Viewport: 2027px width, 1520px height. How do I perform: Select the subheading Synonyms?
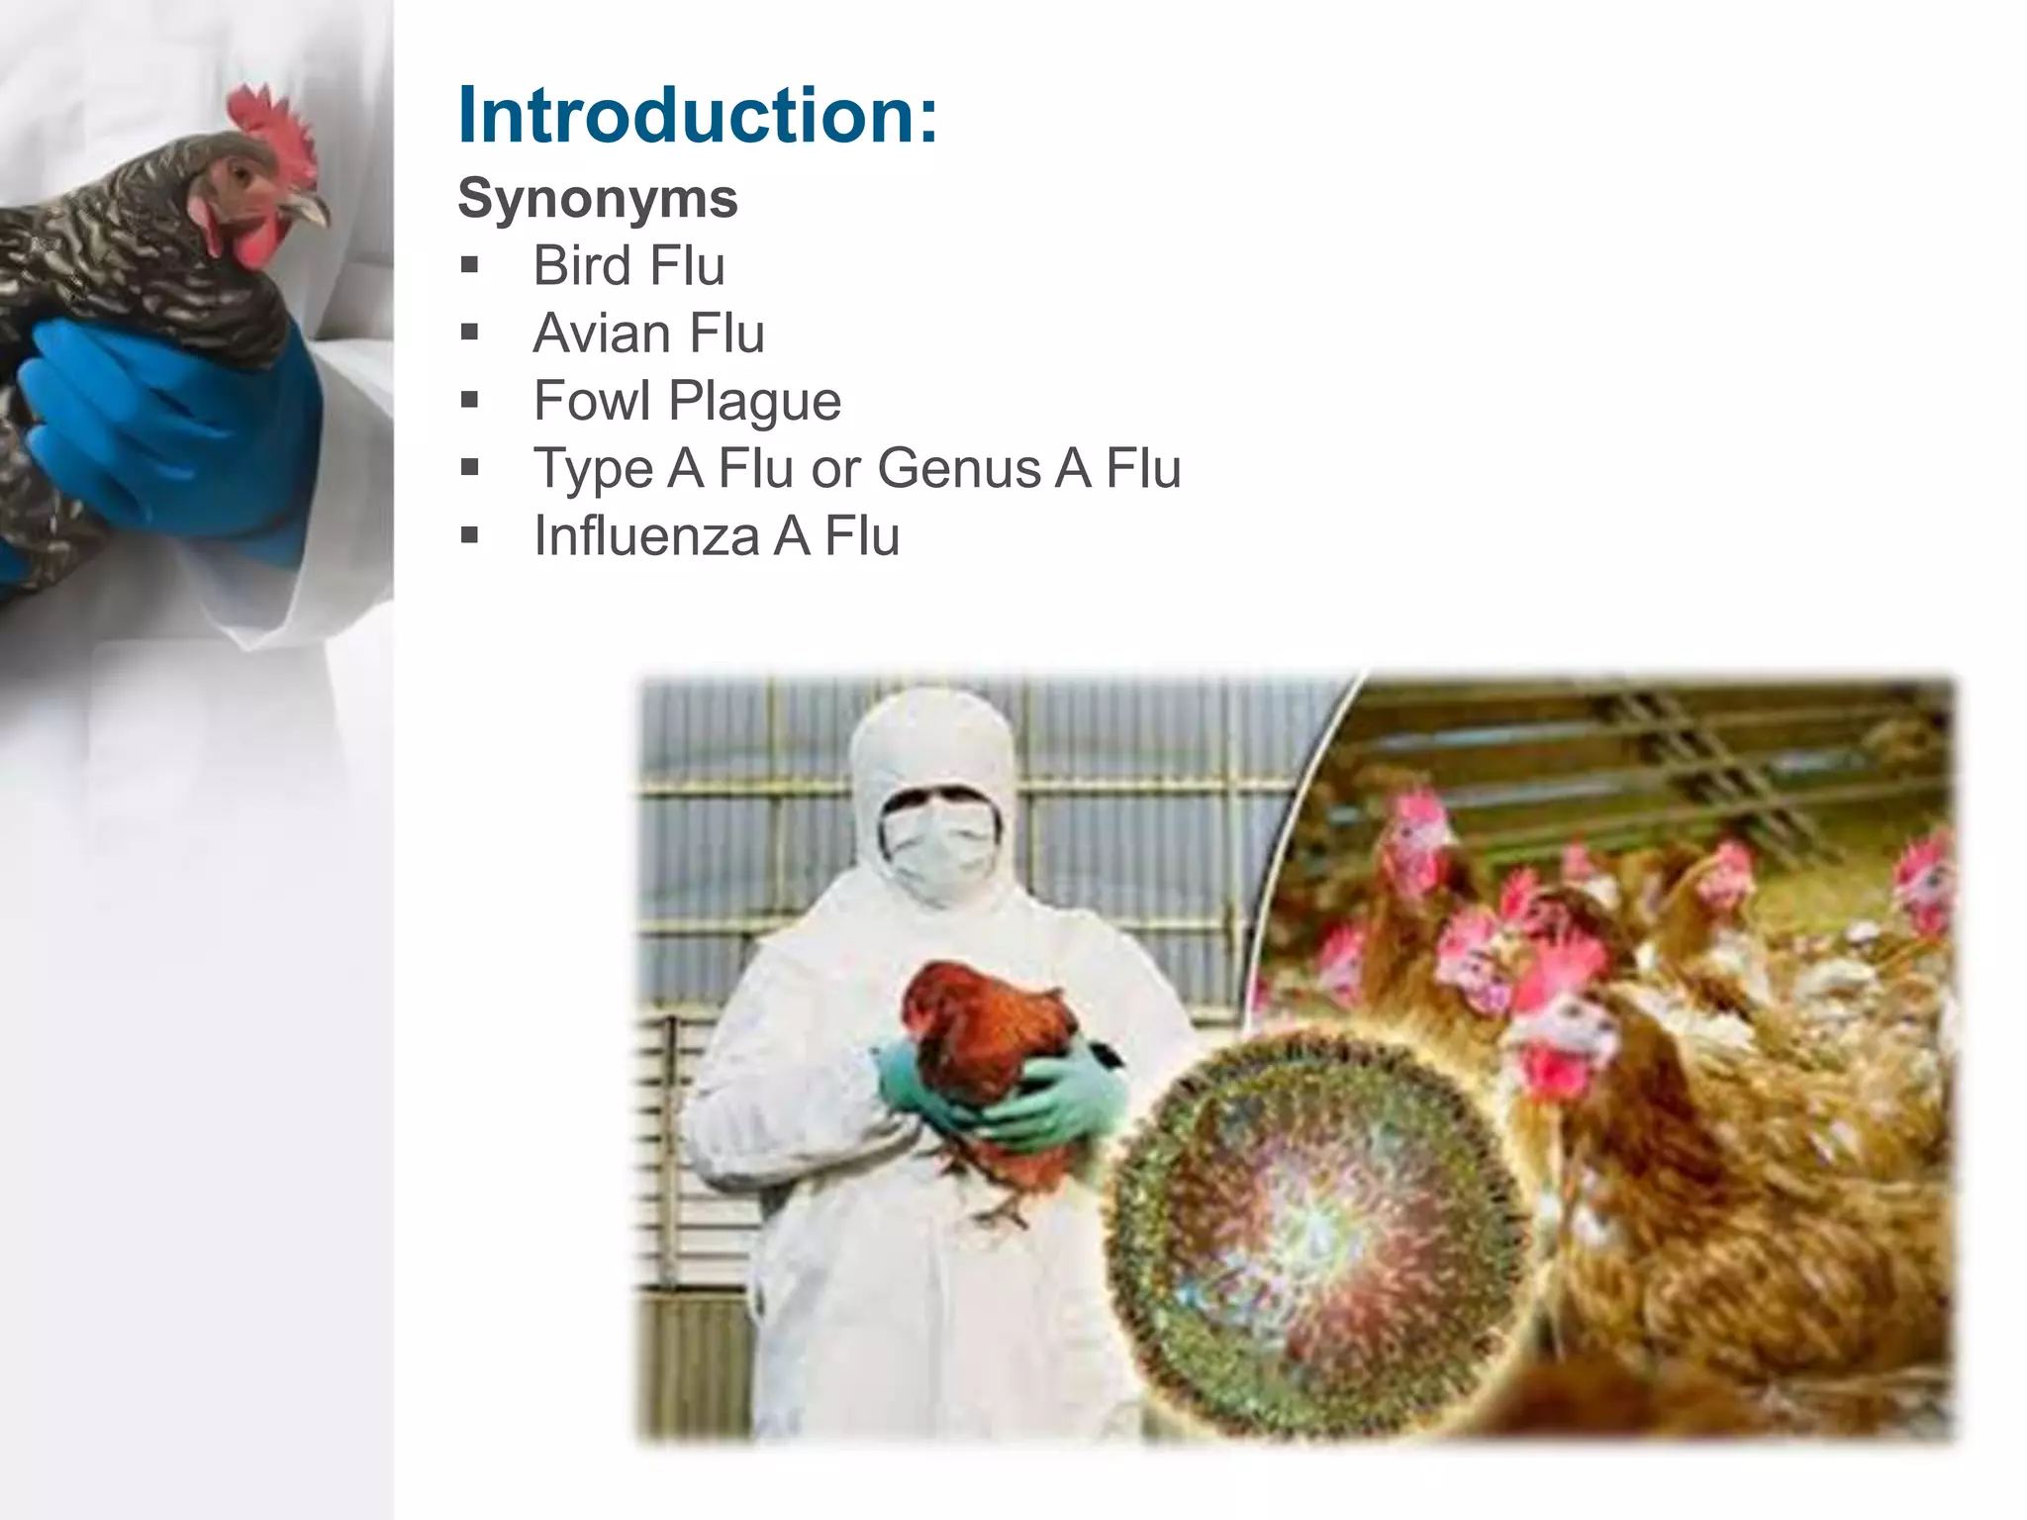click(597, 198)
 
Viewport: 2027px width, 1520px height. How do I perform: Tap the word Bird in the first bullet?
click(579, 265)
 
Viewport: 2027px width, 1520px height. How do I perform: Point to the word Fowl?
click(591, 400)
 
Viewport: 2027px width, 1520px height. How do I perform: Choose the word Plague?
click(754, 402)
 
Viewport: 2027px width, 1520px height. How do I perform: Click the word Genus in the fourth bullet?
click(958, 467)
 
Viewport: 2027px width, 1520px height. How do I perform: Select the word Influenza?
click(645, 535)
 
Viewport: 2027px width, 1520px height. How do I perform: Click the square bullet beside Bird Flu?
click(469, 265)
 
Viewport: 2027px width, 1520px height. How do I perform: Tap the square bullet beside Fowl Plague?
click(469, 400)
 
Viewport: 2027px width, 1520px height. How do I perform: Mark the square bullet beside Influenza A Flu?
click(469, 535)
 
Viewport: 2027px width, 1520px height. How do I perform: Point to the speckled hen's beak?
click(312, 210)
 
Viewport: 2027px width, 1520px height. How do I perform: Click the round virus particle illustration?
click(1316, 1227)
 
